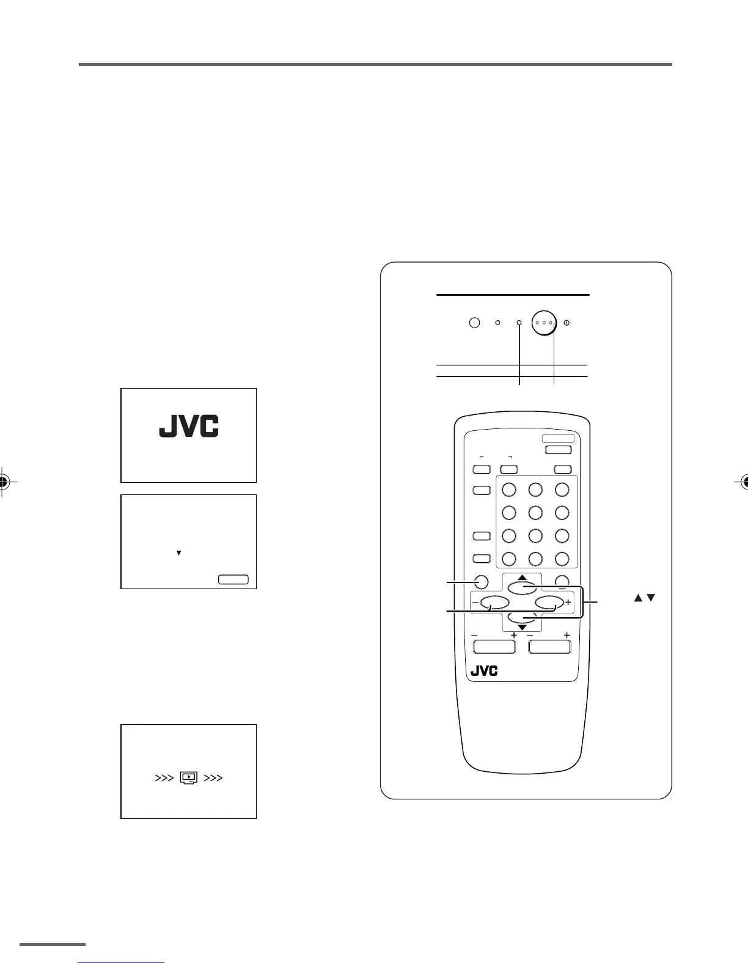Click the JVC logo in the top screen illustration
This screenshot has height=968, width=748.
tap(189, 427)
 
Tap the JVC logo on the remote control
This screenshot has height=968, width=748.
tap(484, 670)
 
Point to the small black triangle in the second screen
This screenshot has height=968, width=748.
tap(179, 553)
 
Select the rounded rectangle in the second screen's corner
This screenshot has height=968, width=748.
tap(233, 579)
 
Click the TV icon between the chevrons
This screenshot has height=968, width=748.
tap(189, 778)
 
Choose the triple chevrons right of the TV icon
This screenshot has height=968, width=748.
tap(213, 778)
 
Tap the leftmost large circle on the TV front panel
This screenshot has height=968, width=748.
tap(474, 322)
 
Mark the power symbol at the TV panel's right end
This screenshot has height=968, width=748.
tap(566, 322)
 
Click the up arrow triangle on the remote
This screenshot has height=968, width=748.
tap(522, 577)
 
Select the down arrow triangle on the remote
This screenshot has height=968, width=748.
tap(522, 627)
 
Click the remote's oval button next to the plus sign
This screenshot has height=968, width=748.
tap(549, 603)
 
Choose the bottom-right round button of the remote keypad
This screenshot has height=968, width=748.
tap(562, 559)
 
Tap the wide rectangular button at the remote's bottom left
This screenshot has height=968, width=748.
tap(494, 647)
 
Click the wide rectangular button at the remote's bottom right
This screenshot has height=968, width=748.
tap(549, 647)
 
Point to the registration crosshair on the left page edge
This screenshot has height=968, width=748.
tap(4, 482)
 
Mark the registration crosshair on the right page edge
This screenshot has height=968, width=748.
tap(744, 482)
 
